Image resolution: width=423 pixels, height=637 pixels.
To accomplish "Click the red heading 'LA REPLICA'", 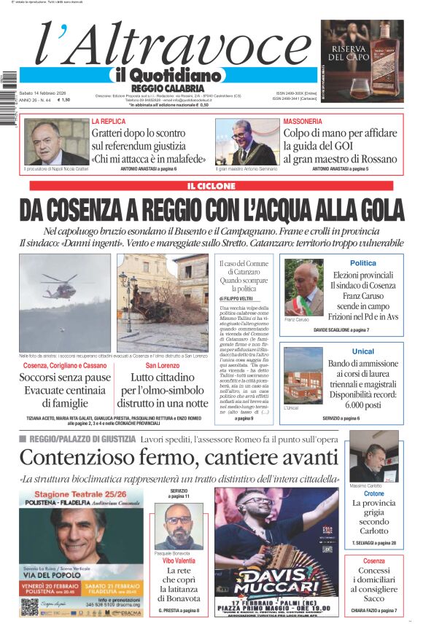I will pos(109,121).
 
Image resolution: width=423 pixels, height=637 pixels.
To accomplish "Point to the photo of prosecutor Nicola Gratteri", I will pos(56,143).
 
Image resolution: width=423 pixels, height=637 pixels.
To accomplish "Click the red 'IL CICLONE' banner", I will pos(211,186).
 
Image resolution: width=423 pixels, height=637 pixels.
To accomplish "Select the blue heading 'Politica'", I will pos(363,263).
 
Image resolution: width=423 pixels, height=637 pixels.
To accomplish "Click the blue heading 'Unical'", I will pos(363,351).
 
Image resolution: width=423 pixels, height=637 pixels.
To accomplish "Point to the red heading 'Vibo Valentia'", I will pos(178,561).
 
